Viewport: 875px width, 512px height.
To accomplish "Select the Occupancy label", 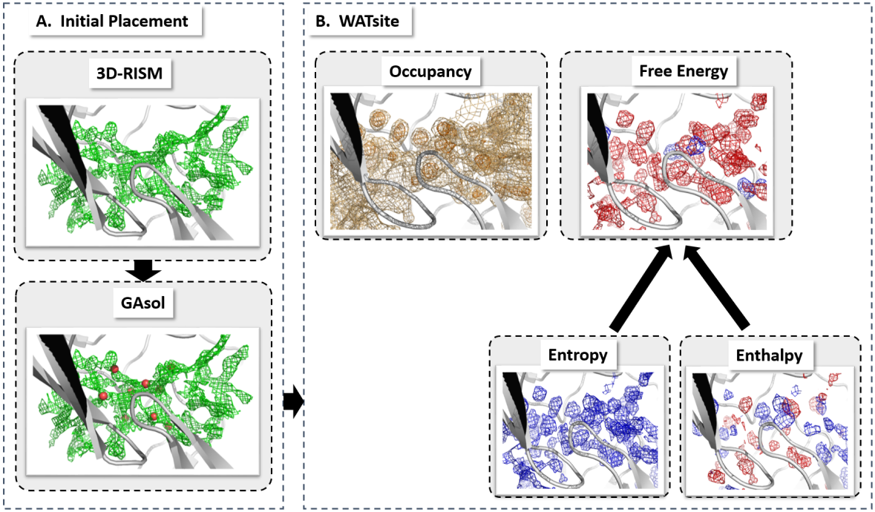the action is point(431,73).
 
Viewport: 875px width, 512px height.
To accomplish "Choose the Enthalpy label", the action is point(769,356).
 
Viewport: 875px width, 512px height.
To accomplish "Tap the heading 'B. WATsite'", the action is point(358,22).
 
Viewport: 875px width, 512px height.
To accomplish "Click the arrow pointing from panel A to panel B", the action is point(294,401).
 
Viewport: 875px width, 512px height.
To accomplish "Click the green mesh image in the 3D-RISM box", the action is point(142,171).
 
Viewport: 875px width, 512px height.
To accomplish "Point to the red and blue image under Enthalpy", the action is point(770,430).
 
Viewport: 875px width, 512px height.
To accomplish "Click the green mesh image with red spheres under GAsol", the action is point(142,401).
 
